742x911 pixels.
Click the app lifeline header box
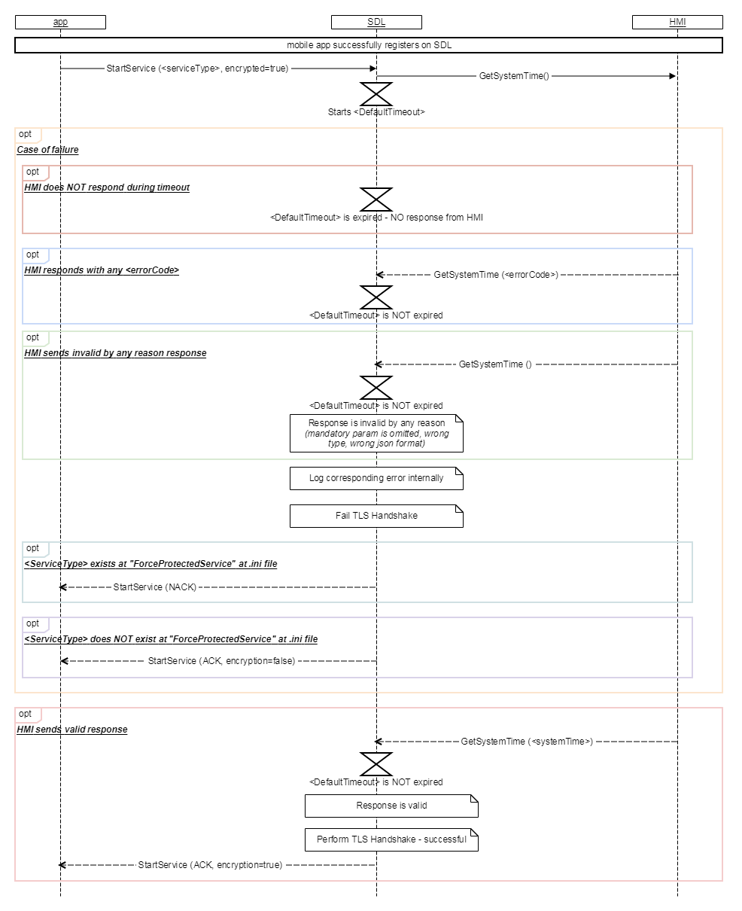click(x=60, y=22)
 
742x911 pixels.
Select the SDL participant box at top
click(x=376, y=22)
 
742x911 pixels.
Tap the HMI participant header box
click(x=677, y=22)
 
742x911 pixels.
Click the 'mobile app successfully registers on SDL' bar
click(x=369, y=45)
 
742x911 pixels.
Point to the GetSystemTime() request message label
click(x=514, y=76)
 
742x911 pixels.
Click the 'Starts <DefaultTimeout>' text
click(x=376, y=112)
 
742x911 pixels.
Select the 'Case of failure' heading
click(x=48, y=150)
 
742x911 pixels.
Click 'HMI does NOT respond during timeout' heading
click(x=107, y=187)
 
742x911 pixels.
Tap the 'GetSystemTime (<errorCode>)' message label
click(x=496, y=275)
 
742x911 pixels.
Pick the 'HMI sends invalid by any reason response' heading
click(x=115, y=353)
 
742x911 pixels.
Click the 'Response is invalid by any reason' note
click(x=376, y=433)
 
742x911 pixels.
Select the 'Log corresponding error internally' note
click(x=376, y=478)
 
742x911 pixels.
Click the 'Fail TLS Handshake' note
click(x=376, y=516)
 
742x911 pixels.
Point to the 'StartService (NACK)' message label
click(x=154, y=587)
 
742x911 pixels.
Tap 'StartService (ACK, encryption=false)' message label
click(x=221, y=661)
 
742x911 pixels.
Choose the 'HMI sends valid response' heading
click(x=72, y=730)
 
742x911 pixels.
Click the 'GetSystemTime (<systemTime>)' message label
click(x=527, y=742)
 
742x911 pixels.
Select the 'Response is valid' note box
click(x=391, y=806)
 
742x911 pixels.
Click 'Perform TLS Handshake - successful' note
click(x=391, y=839)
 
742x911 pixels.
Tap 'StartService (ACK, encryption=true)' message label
click(x=210, y=865)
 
